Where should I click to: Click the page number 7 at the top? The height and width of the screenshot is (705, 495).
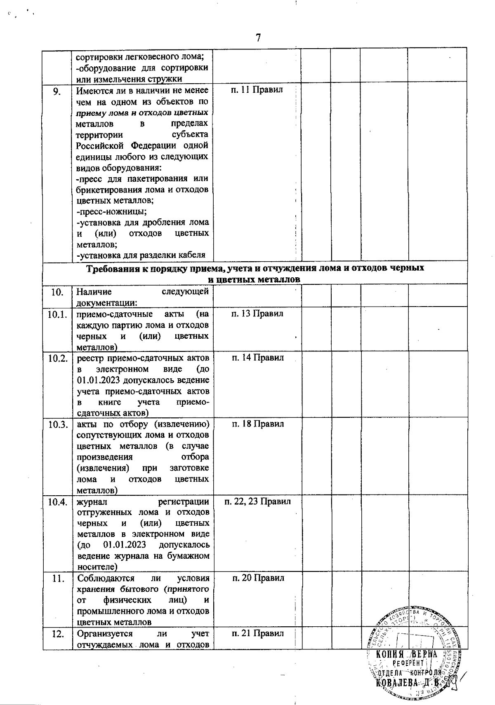tap(258, 38)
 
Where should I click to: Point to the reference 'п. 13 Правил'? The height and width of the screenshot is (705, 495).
tap(257, 314)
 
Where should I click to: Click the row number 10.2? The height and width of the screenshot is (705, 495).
tap(58, 358)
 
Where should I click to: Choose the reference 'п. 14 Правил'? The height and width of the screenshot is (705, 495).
tap(258, 358)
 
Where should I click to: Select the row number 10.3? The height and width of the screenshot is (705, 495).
tap(58, 424)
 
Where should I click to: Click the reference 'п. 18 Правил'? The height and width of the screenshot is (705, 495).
tap(258, 424)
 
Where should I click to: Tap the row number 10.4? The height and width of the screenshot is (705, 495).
tap(58, 502)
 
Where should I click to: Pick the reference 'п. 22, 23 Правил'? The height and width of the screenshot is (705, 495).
tap(258, 501)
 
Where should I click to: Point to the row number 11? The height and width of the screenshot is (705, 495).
tap(59, 579)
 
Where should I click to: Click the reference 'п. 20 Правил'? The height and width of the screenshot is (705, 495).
tap(258, 578)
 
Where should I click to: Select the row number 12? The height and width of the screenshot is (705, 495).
tap(58, 634)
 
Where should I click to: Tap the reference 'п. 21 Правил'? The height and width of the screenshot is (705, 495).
tap(258, 633)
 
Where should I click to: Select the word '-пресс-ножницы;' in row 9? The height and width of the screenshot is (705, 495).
tap(112, 212)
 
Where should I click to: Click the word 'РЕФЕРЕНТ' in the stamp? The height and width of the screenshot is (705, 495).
tap(408, 663)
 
